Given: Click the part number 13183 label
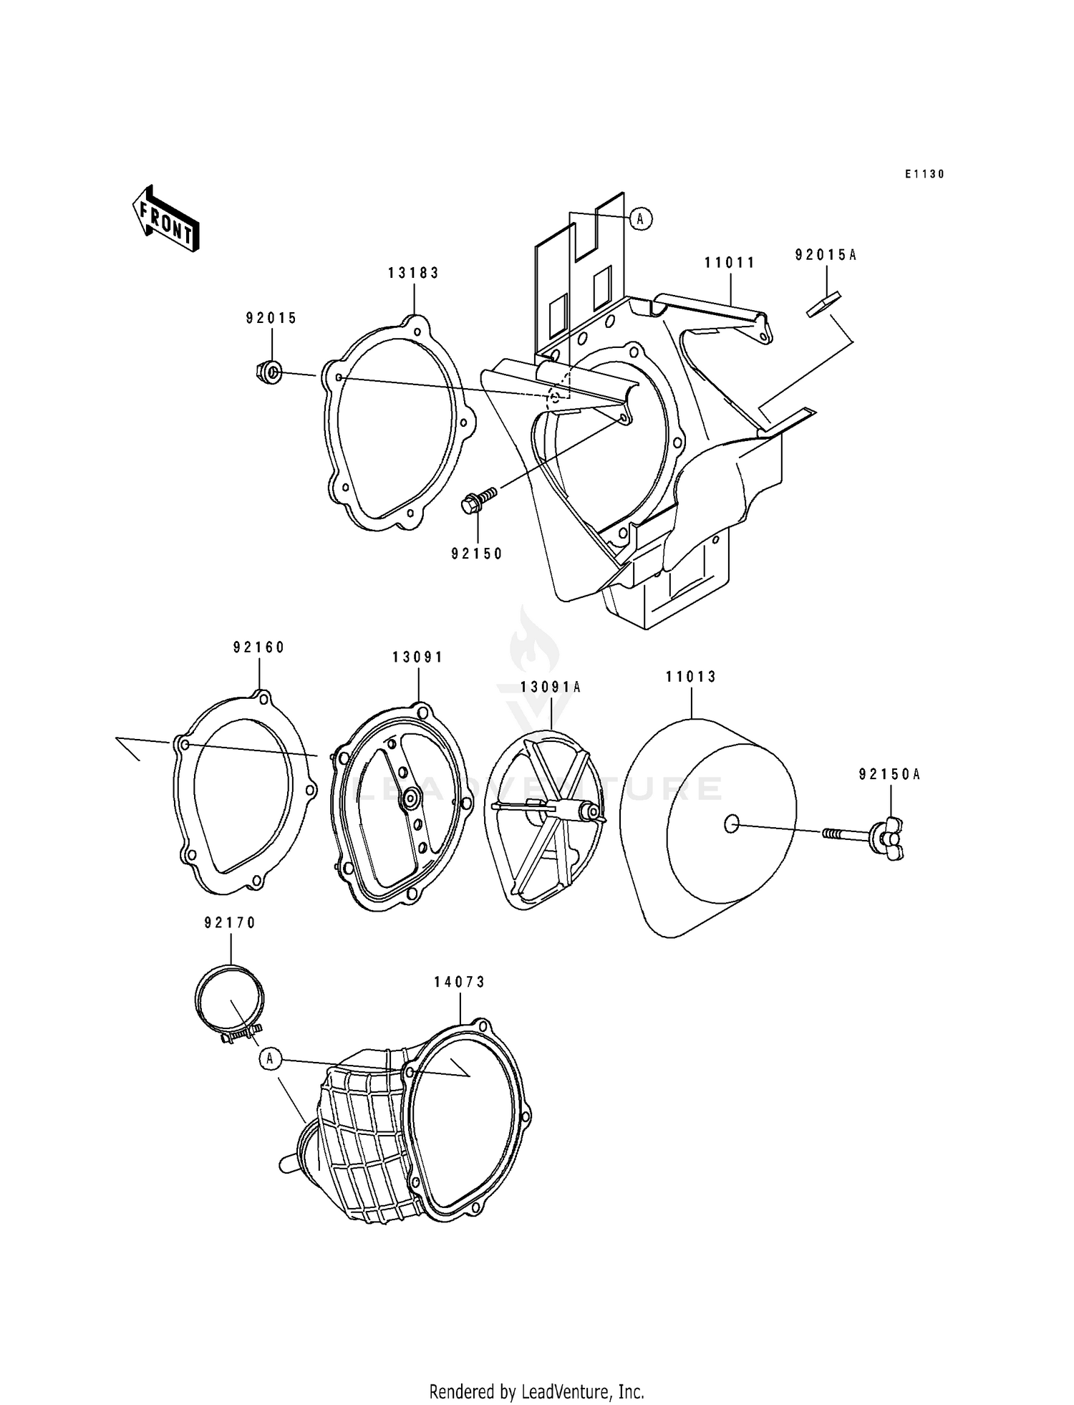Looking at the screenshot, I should tap(413, 273).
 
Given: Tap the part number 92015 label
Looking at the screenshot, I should tap(271, 318).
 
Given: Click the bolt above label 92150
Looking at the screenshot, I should tap(479, 500).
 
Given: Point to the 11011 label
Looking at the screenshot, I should tap(730, 263).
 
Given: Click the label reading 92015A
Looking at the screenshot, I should tap(825, 254).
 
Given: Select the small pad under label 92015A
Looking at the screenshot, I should tap(824, 304).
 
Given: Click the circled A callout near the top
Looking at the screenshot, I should tap(641, 218).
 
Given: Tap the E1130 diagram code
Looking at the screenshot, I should tap(924, 174).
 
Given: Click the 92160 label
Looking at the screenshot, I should tap(258, 647).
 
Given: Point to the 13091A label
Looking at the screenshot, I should tap(550, 687).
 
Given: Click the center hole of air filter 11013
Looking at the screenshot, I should tap(730, 825).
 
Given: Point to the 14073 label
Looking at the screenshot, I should tap(459, 982).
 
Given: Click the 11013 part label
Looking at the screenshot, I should tap(690, 676).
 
